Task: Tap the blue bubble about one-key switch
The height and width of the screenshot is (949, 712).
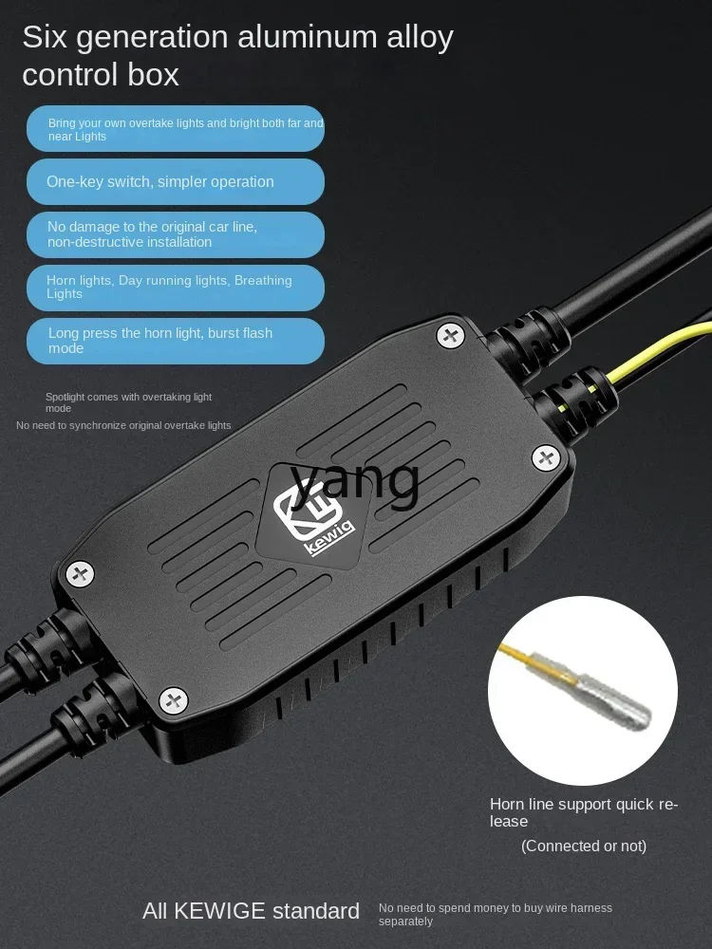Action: (175, 181)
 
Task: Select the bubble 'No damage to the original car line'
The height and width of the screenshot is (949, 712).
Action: (175, 234)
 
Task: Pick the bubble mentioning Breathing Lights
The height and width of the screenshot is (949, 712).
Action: (175, 288)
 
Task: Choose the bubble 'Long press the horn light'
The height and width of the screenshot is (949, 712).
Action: (175, 341)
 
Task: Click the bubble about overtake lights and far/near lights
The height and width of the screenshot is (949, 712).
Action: (175, 129)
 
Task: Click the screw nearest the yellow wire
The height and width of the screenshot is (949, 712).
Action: (546, 459)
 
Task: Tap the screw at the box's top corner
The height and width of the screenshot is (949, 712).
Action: (450, 334)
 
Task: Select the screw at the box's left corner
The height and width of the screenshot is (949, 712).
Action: (80, 573)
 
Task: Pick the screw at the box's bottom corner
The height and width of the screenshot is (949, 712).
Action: (173, 700)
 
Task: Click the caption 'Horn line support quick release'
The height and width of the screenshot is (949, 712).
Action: (583, 812)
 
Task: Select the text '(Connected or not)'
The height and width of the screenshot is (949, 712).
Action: (583, 846)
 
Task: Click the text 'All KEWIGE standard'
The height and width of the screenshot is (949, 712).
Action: (251, 912)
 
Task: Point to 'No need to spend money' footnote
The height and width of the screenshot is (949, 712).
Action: (495, 914)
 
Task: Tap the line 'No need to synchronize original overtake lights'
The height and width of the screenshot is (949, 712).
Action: (123, 425)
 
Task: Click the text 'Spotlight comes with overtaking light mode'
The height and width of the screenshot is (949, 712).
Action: (128, 402)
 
